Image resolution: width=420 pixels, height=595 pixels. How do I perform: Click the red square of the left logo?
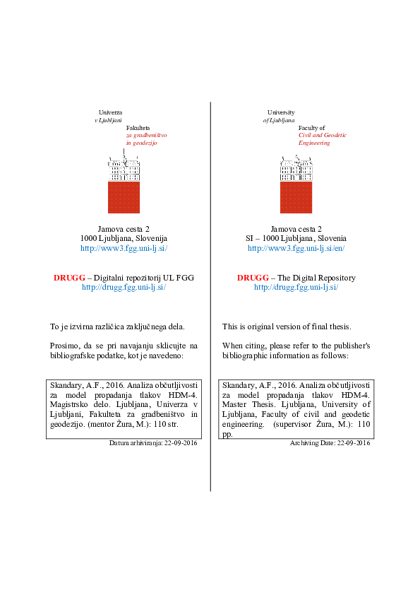point(124,197)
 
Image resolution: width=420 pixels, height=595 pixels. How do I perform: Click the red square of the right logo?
point(296,197)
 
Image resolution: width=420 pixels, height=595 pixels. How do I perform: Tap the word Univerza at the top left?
point(110,112)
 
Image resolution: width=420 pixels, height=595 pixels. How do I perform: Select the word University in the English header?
point(281,112)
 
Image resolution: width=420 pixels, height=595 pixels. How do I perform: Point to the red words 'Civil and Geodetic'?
point(323,135)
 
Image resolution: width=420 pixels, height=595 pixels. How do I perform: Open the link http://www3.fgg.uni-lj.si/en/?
point(296,249)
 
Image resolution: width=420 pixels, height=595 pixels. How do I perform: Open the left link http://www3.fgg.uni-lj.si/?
point(124,249)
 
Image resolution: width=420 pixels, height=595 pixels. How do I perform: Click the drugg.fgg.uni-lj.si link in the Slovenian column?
point(124,288)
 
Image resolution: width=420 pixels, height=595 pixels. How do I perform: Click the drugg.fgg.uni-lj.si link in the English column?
point(296,288)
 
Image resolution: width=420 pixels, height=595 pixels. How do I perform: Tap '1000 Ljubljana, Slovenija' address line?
point(124,239)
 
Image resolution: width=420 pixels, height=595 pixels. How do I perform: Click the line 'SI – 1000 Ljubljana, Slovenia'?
point(296,239)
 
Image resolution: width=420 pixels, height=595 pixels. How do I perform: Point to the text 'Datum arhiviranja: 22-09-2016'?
point(153,443)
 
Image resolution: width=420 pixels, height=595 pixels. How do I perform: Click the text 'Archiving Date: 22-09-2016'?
point(330,443)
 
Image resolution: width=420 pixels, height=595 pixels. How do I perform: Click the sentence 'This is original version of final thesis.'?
point(287,326)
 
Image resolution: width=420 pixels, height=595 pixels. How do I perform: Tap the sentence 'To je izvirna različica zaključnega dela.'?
point(117,326)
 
